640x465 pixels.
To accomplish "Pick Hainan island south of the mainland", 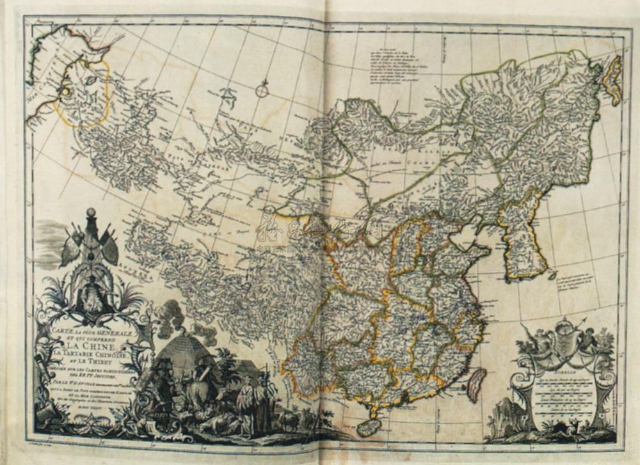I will click(x=369, y=426).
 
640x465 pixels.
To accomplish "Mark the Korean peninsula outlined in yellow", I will click(x=522, y=237).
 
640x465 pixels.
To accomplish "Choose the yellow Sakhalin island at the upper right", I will click(x=613, y=80).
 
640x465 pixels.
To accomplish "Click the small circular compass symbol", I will click(x=262, y=91).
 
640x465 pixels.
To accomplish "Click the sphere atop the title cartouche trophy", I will click(x=91, y=212).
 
